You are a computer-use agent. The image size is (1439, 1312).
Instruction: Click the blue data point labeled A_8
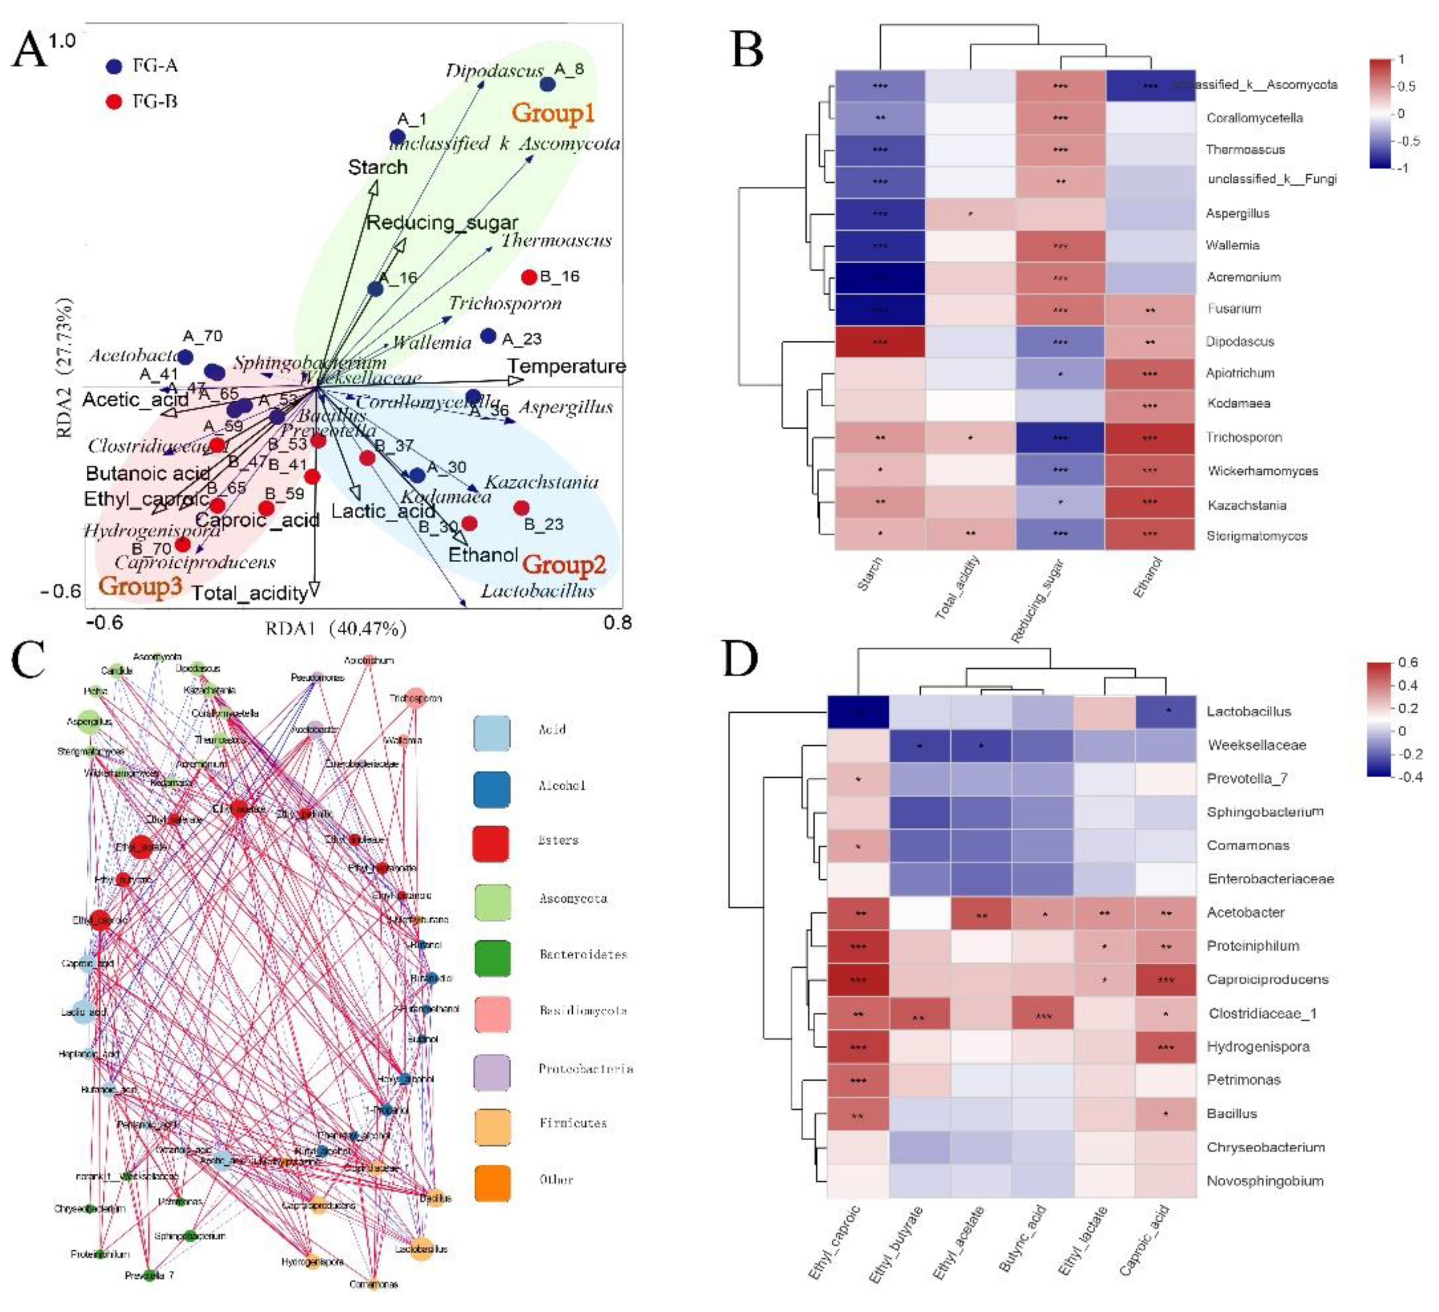coord(547,84)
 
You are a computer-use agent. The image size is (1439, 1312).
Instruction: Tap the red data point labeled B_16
coord(529,277)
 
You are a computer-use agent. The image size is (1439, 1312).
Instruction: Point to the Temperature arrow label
coord(567,366)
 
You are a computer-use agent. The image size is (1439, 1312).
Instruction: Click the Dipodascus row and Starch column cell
coord(880,342)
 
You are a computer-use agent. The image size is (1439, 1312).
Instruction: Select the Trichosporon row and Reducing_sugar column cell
coord(1060,437)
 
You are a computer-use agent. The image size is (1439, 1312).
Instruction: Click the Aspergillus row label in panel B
coord(1238,213)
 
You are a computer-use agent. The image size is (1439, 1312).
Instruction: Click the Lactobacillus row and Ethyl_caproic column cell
coord(858,712)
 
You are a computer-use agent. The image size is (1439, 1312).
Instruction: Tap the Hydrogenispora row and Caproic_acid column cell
coord(1166,1047)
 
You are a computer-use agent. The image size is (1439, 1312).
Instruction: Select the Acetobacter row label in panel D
coord(1246,912)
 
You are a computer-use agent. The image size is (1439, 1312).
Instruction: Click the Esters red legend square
coord(491,843)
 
